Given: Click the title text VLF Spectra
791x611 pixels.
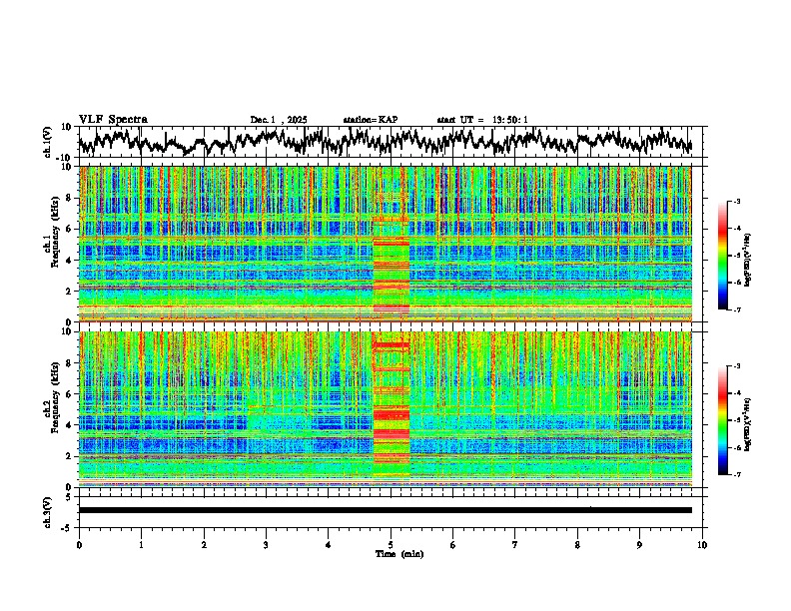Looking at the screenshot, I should pos(113,119).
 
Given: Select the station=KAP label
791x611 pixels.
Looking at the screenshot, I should pos(371,120).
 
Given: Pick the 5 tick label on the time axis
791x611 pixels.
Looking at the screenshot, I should pos(391,544).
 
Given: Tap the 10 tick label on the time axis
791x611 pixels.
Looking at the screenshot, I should pos(702,544).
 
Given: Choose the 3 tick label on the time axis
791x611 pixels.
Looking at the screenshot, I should pos(266,544).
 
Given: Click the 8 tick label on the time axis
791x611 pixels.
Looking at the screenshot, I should pos(577,544).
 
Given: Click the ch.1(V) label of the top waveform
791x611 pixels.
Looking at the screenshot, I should pos(48,142).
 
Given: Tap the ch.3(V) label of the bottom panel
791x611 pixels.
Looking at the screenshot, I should pos(48,509).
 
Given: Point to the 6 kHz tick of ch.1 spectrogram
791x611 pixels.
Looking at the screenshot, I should pos(69,229).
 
